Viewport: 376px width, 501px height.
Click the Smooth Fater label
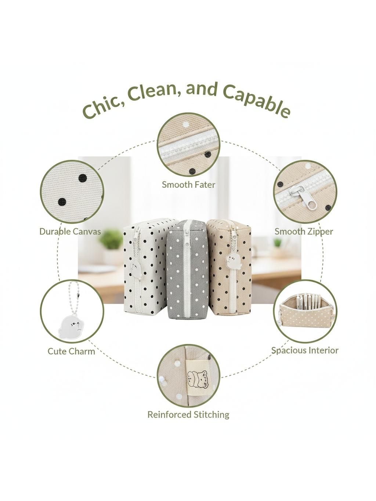pyautogui.click(x=189, y=184)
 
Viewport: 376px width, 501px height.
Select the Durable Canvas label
pyautogui.click(x=70, y=232)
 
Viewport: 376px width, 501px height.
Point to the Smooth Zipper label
pyautogui.click(x=304, y=232)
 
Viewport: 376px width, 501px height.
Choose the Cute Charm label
pyautogui.click(x=71, y=351)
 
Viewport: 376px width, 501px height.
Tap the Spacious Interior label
pyautogui.click(x=305, y=350)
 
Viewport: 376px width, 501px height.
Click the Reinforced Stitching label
pyautogui.click(x=188, y=414)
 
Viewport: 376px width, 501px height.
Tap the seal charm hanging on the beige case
pyautogui.click(x=233, y=261)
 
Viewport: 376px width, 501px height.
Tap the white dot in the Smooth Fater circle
pyautogui.click(x=186, y=125)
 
